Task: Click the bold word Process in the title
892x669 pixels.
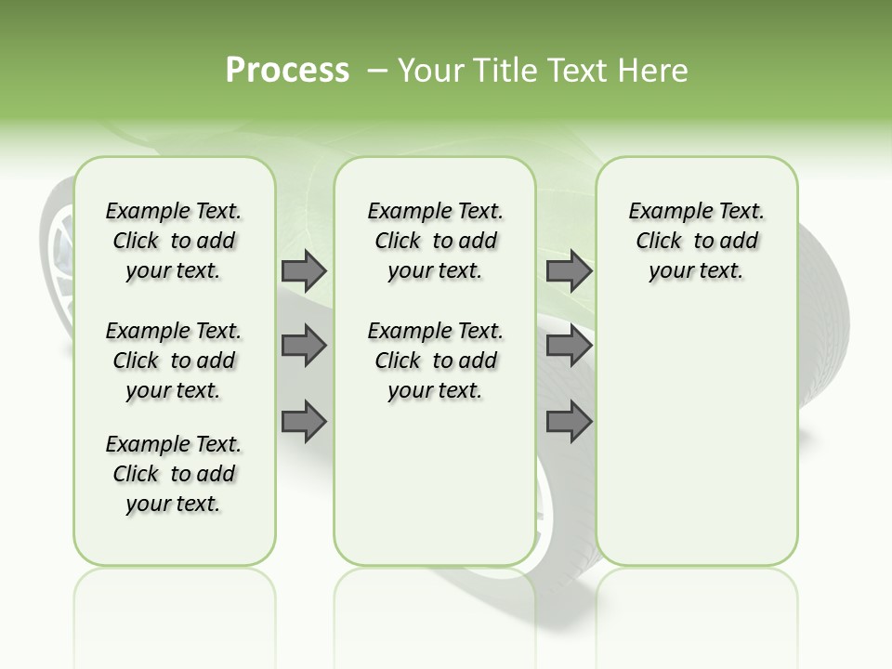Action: click(x=287, y=71)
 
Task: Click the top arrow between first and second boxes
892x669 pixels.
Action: click(x=304, y=271)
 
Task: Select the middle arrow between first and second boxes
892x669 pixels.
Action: click(x=304, y=347)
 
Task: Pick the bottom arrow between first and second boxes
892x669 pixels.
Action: click(x=304, y=422)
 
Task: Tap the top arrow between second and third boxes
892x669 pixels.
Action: click(x=569, y=271)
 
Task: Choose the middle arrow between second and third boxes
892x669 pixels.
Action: click(x=569, y=347)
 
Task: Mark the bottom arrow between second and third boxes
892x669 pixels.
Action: click(x=569, y=422)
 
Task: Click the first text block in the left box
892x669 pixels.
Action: click(x=174, y=241)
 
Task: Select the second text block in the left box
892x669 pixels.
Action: click(x=174, y=361)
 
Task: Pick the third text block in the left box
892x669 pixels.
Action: click(x=174, y=474)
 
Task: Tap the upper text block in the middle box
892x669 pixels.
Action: click(x=435, y=241)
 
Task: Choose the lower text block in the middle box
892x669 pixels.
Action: click(x=435, y=361)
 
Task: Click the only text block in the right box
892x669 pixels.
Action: click(x=696, y=241)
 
